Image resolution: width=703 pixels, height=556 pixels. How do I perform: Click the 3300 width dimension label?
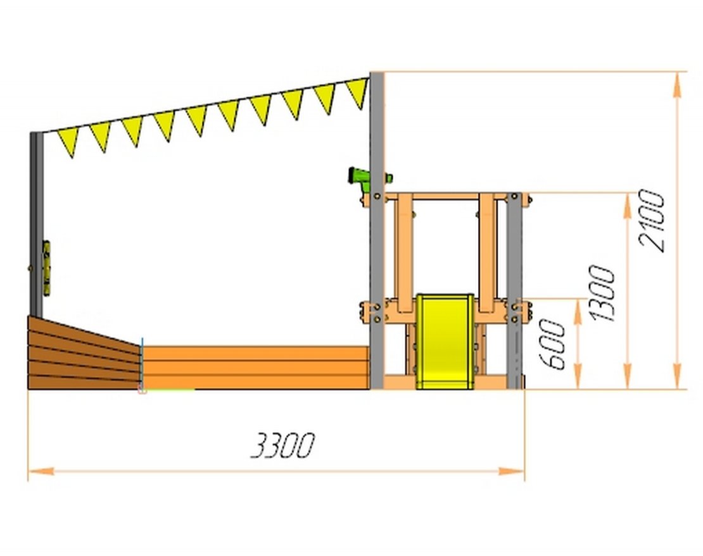282,445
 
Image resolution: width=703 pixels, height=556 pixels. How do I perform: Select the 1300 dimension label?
602,293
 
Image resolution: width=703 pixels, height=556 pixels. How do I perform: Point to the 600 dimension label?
552,345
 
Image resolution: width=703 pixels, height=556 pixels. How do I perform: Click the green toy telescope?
369,176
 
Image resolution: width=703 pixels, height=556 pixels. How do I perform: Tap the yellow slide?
445,341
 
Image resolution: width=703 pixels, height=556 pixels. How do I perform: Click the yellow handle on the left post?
46,269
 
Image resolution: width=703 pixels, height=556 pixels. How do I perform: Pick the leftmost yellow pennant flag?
68,142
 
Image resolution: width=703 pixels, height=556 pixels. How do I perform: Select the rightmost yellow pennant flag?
357,92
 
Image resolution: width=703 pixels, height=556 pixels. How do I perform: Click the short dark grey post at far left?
37,225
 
